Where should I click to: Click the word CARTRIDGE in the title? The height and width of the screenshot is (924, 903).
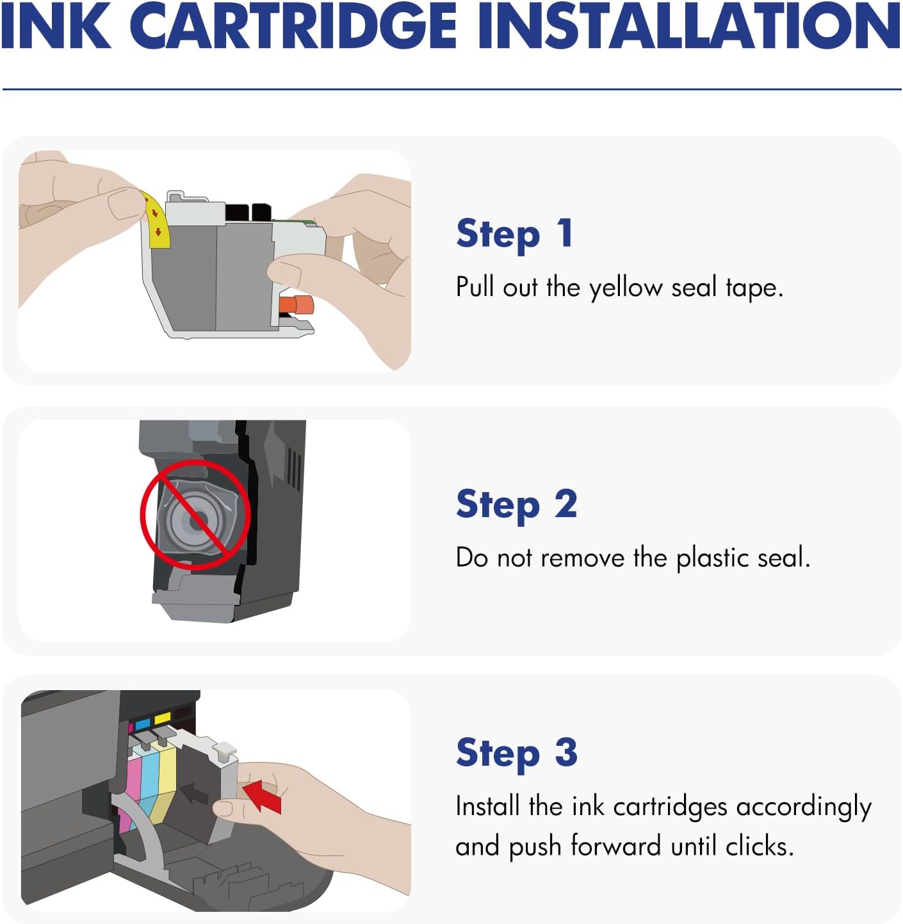point(297,27)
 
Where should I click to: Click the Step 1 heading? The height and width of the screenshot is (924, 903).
point(514,234)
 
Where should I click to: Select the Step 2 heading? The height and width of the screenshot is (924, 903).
point(516,505)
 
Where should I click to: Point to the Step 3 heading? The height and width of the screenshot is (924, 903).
point(516,753)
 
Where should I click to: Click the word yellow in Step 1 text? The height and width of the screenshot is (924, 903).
point(625,288)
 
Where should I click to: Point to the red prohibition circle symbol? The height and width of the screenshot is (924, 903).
point(195,514)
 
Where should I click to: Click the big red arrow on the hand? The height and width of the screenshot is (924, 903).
point(264,796)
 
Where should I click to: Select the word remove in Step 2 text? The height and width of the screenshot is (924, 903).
point(582,558)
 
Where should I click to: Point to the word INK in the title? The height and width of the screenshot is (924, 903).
point(56,27)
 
